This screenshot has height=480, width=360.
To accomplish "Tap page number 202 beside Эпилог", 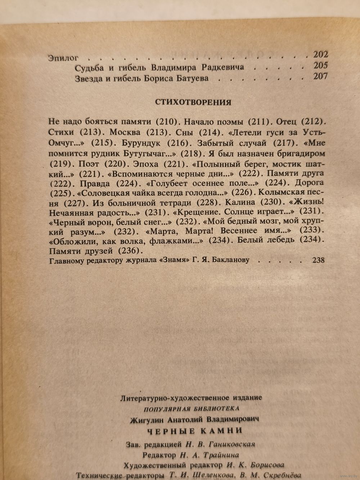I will coord(320,55).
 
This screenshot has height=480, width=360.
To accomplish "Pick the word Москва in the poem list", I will coord(124,131).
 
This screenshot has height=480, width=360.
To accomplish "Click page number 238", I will coord(318,260).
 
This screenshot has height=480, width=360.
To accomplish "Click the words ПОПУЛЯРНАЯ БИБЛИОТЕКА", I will coord(191,409).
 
